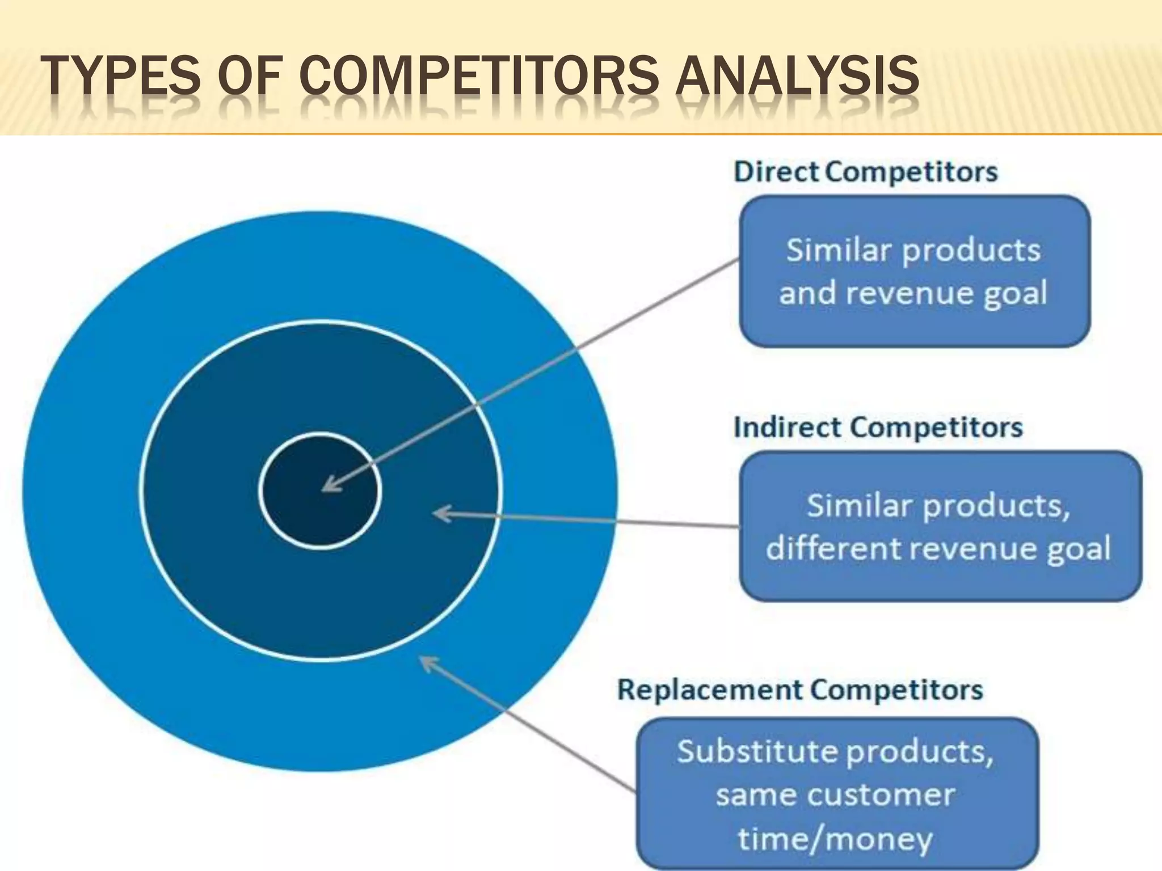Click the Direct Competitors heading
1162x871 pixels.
865,172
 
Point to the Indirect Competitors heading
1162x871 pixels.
878,427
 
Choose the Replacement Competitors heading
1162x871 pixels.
800,690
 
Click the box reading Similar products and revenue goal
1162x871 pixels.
915,271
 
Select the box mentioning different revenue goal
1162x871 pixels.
940,526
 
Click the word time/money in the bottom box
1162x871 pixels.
835,839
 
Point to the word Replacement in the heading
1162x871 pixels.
710,690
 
